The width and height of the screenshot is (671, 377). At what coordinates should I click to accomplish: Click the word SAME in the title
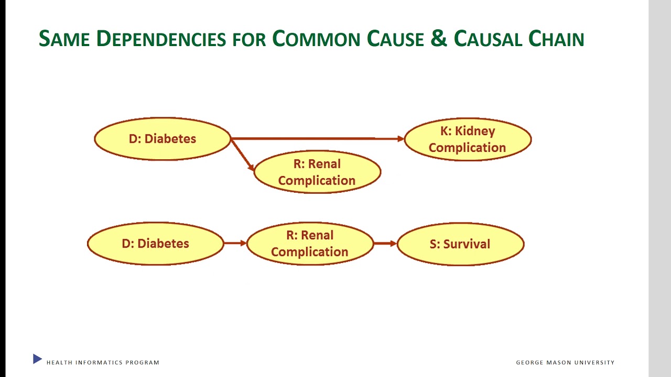(64, 39)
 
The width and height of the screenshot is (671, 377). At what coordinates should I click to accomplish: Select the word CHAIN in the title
(556, 39)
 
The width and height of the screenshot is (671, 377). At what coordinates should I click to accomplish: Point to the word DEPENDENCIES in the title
(161, 39)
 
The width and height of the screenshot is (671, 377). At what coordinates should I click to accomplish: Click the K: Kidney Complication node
(468, 139)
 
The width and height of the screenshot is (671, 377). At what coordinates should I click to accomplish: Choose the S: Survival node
(460, 244)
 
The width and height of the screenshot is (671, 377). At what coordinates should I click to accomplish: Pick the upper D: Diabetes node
(163, 139)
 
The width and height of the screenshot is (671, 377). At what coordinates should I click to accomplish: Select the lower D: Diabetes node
(155, 243)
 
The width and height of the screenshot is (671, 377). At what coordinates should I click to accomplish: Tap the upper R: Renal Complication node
(317, 172)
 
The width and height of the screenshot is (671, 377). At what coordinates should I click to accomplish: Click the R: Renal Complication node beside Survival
(310, 243)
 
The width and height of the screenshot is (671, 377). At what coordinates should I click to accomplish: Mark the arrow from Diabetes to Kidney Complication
(317, 139)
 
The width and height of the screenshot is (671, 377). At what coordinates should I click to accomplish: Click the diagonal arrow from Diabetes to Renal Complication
(242, 155)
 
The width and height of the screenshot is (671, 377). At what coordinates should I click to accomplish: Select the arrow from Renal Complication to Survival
(385, 243)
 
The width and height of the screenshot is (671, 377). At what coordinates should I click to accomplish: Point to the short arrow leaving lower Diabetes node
(235, 243)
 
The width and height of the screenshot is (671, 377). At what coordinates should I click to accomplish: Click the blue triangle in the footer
(37, 359)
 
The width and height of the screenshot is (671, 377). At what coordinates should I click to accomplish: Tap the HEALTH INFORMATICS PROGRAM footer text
(103, 362)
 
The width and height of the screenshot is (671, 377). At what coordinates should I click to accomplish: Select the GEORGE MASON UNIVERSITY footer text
(565, 362)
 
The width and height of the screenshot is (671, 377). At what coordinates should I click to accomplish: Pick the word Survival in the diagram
(467, 244)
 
